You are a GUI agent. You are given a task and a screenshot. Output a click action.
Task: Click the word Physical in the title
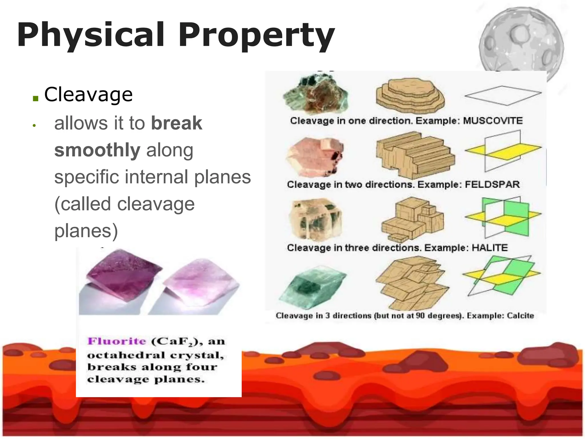(x=91, y=35)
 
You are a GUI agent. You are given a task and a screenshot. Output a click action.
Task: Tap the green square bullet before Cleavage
(x=35, y=99)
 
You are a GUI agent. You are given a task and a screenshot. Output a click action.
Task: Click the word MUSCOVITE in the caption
(x=492, y=121)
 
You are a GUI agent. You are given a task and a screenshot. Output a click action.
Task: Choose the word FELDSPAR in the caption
(x=492, y=184)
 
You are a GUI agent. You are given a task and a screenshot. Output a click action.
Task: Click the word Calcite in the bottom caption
(x=520, y=316)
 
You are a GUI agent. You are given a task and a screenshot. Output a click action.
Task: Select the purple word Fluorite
(x=117, y=341)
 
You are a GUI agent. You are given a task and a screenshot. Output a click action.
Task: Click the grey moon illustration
(x=521, y=43)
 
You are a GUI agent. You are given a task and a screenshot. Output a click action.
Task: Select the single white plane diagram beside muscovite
(x=503, y=95)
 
